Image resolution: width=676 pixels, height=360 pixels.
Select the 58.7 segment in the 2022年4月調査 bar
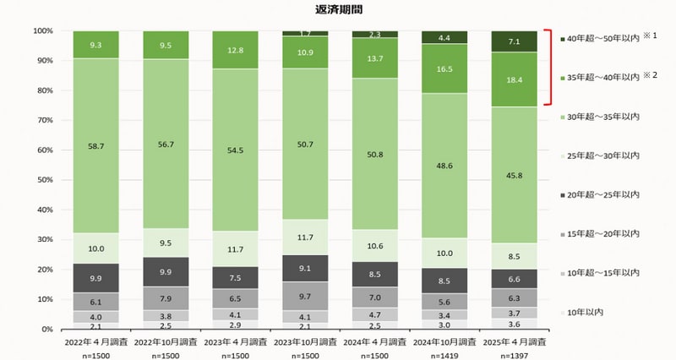[x=95, y=145]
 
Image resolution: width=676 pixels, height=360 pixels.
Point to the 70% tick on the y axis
[x=45, y=121]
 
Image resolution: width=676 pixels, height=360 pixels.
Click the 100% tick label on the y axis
[x=42, y=31]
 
